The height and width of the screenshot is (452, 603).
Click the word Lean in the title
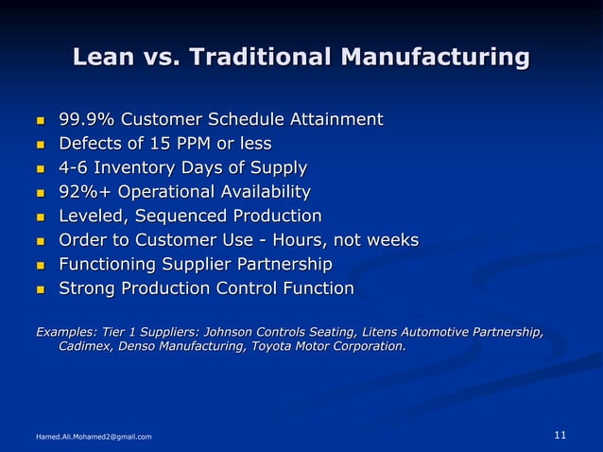104,58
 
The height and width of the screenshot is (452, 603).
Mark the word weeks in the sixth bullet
390,240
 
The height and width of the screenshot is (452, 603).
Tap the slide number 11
560,435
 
